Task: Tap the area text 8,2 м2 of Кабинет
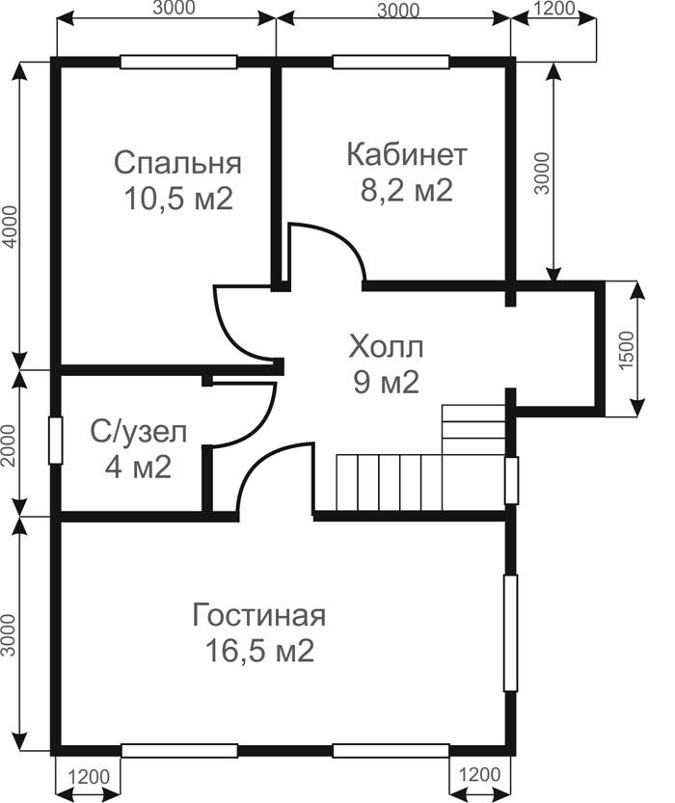pos(407,191)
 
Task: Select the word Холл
pos(386,347)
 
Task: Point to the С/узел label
pos(138,433)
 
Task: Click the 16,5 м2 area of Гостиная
pos(259,652)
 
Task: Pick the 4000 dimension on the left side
pos(11,227)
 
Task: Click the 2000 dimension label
pos(10,444)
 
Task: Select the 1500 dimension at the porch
pos(627,350)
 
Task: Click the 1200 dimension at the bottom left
pos(88,777)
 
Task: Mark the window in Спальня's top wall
pos(178,62)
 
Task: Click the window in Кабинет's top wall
pos(391,62)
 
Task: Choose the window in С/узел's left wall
pos(55,441)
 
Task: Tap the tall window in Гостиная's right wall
pos(511,633)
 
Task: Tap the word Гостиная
pos(259,615)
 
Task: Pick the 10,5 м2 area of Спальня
pos(178,199)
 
